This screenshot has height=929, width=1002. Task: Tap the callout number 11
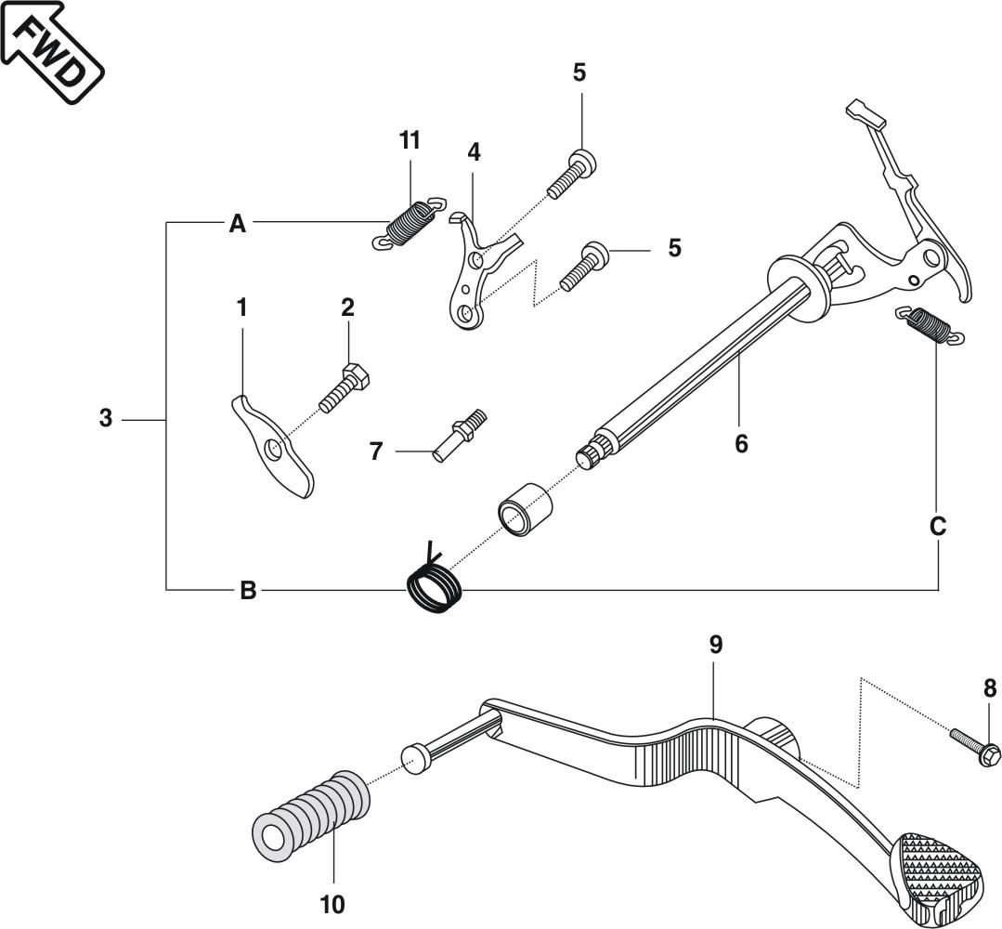click(x=410, y=141)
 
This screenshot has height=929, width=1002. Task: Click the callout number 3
click(x=106, y=419)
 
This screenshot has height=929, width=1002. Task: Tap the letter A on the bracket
click(x=238, y=224)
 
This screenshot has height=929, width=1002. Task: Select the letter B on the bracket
click(x=247, y=590)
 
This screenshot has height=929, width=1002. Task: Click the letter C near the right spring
click(x=938, y=527)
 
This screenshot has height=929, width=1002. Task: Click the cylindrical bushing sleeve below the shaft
click(x=525, y=507)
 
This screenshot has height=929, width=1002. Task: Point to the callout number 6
click(x=740, y=444)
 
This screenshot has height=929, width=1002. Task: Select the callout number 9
click(x=715, y=645)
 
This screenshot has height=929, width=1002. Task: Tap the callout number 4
click(x=475, y=151)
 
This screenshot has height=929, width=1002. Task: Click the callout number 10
click(x=332, y=903)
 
